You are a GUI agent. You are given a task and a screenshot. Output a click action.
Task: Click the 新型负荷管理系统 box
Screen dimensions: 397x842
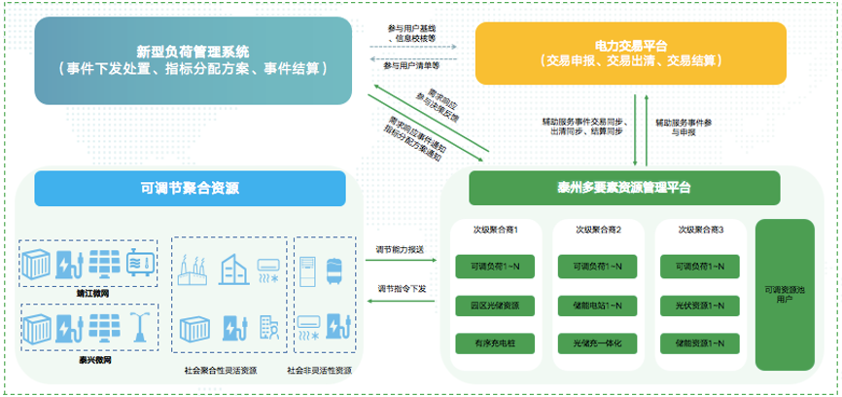tap(193, 59)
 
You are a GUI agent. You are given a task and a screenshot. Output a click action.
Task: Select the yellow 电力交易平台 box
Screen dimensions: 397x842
tap(629, 53)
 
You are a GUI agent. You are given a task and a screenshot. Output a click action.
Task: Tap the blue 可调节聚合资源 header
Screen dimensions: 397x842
tap(190, 188)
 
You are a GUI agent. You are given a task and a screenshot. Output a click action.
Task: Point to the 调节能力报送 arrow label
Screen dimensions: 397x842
tap(401, 249)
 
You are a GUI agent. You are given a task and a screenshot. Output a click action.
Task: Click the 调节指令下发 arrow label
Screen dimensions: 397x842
tap(401, 289)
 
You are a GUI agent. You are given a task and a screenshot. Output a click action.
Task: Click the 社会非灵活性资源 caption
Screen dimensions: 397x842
tap(319, 370)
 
